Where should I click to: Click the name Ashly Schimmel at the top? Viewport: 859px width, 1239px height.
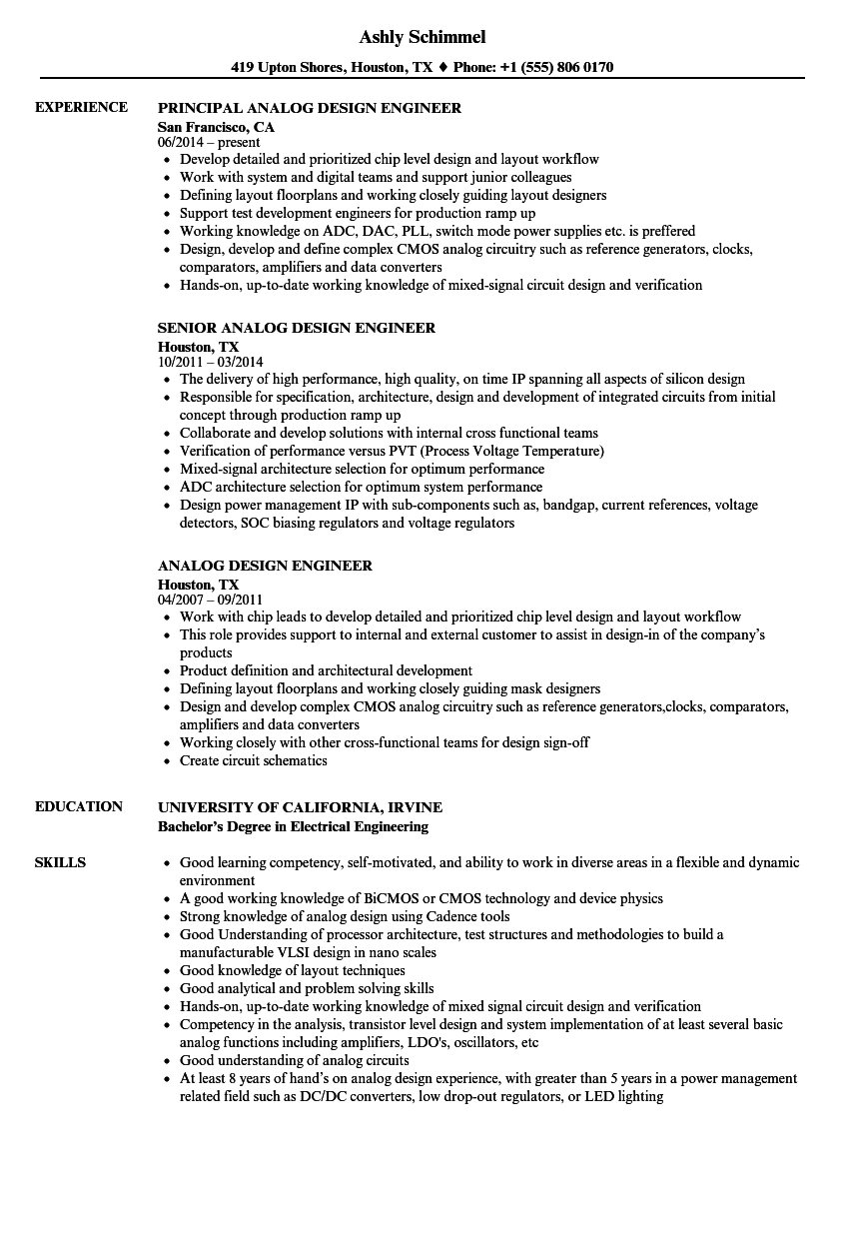(423, 37)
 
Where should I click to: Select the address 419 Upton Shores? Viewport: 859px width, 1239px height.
(292, 67)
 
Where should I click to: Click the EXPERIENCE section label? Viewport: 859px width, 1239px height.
(81, 107)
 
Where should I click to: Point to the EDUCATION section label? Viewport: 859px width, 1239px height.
(79, 806)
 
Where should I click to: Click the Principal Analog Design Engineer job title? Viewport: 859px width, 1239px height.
(310, 108)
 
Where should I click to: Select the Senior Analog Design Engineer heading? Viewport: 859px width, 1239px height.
(297, 328)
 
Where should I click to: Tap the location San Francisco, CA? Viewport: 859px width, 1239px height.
(216, 127)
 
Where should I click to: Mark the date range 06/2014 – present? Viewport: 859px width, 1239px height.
(209, 142)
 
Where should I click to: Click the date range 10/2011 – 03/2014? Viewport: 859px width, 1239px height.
(210, 362)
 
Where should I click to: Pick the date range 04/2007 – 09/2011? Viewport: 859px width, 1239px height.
(210, 600)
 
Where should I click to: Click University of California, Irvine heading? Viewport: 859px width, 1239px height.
(300, 807)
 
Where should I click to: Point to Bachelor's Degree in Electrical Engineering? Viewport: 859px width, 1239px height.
(293, 826)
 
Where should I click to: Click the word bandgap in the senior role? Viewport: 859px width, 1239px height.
(564, 505)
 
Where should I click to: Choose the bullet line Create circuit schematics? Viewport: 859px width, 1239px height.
(253, 760)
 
